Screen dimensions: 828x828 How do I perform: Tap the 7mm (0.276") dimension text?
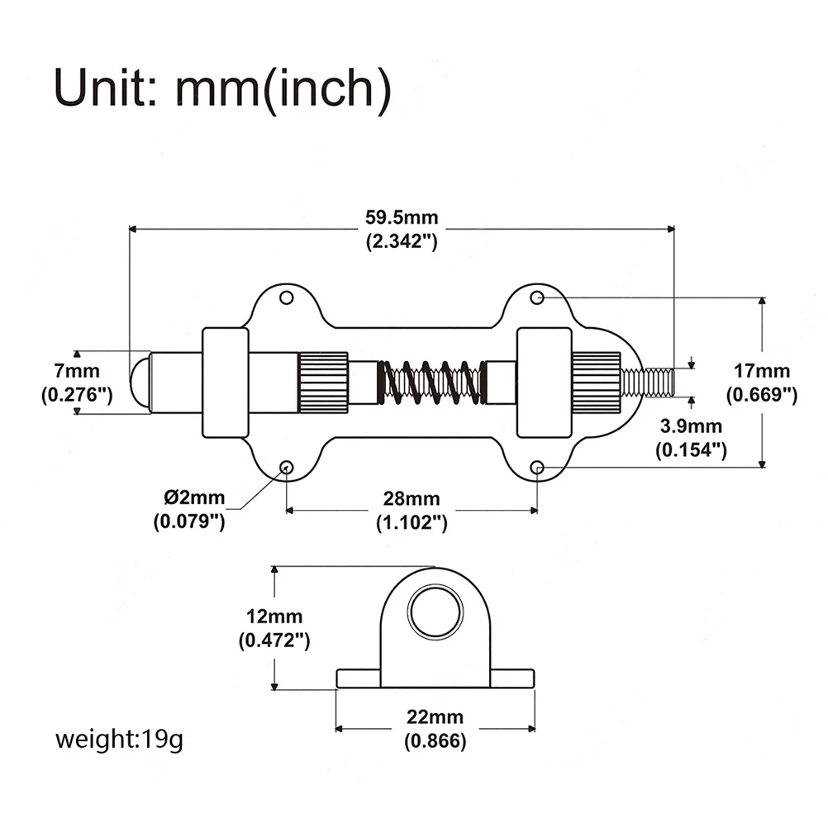coord(77,382)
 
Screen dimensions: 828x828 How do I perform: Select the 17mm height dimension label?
coord(761,383)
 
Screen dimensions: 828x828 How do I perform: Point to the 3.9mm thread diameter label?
coord(691,437)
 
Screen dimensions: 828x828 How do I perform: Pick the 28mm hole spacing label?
coord(412,510)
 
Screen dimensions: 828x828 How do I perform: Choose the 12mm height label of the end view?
coord(274,627)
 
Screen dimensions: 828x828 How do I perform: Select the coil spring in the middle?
coord(429,382)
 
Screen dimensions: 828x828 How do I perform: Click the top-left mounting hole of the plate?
coord(287,297)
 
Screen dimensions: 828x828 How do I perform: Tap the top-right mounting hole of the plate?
coord(536,297)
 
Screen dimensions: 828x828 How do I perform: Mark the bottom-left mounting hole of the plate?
coord(287,468)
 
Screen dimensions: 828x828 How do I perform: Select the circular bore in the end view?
coord(435,614)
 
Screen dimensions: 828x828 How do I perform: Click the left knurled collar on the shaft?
coord(323,382)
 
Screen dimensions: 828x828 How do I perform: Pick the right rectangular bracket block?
coord(544,382)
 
